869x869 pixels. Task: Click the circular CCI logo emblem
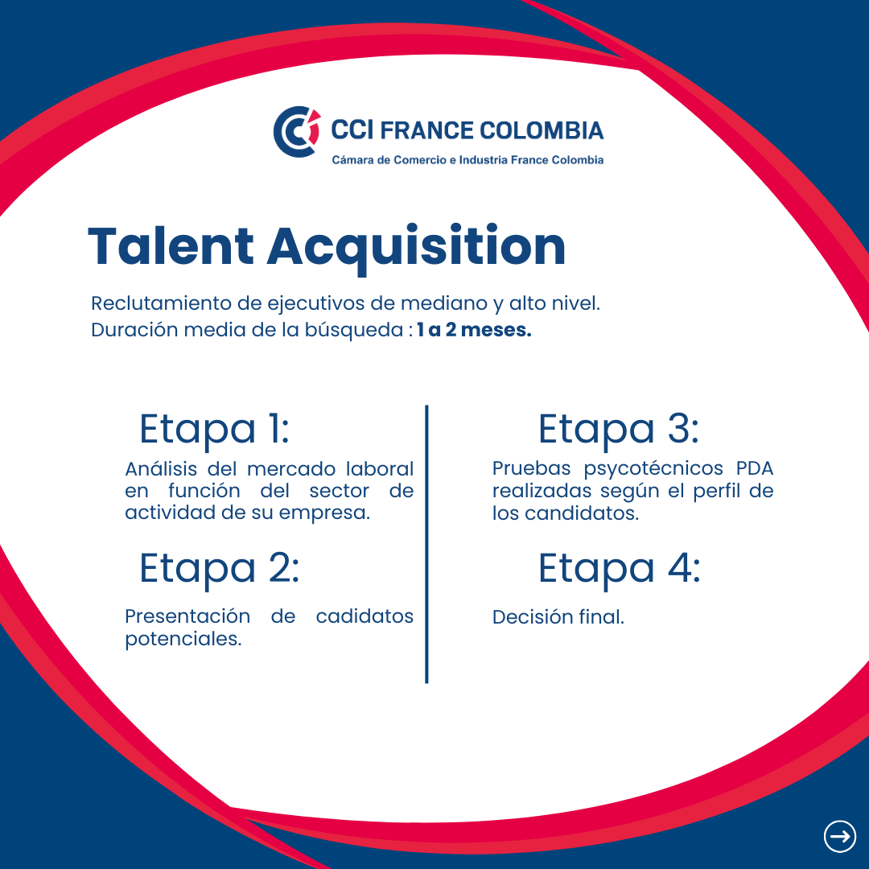click(x=296, y=132)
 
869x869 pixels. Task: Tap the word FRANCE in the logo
click(x=426, y=130)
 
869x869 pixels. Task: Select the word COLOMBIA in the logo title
click(x=541, y=130)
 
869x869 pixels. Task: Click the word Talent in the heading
click(x=171, y=246)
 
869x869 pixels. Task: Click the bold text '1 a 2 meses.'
click(x=474, y=330)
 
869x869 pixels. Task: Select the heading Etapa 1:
click(x=214, y=430)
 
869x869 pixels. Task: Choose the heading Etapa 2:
click(x=219, y=569)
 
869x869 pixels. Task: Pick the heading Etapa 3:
click(x=619, y=430)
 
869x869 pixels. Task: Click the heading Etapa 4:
click(x=620, y=569)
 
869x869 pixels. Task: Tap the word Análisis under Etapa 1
click(x=161, y=469)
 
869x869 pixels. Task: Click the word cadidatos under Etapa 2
click(x=364, y=616)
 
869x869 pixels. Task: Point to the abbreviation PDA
click(x=754, y=468)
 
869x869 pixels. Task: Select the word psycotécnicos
click(x=653, y=469)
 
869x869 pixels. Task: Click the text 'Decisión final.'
click(x=558, y=617)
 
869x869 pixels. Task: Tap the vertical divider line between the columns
click(x=426, y=544)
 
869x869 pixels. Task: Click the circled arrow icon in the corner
click(x=839, y=836)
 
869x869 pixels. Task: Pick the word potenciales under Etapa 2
click(x=183, y=640)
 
